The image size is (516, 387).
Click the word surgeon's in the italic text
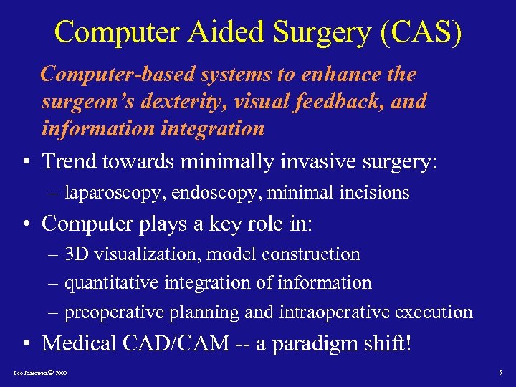pyautogui.click(x=83, y=102)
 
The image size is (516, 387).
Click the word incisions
pyautogui.click(x=375, y=193)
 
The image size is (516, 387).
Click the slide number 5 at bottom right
pyautogui.click(x=500, y=373)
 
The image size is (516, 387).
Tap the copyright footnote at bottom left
pyautogui.click(x=41, y=374)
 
